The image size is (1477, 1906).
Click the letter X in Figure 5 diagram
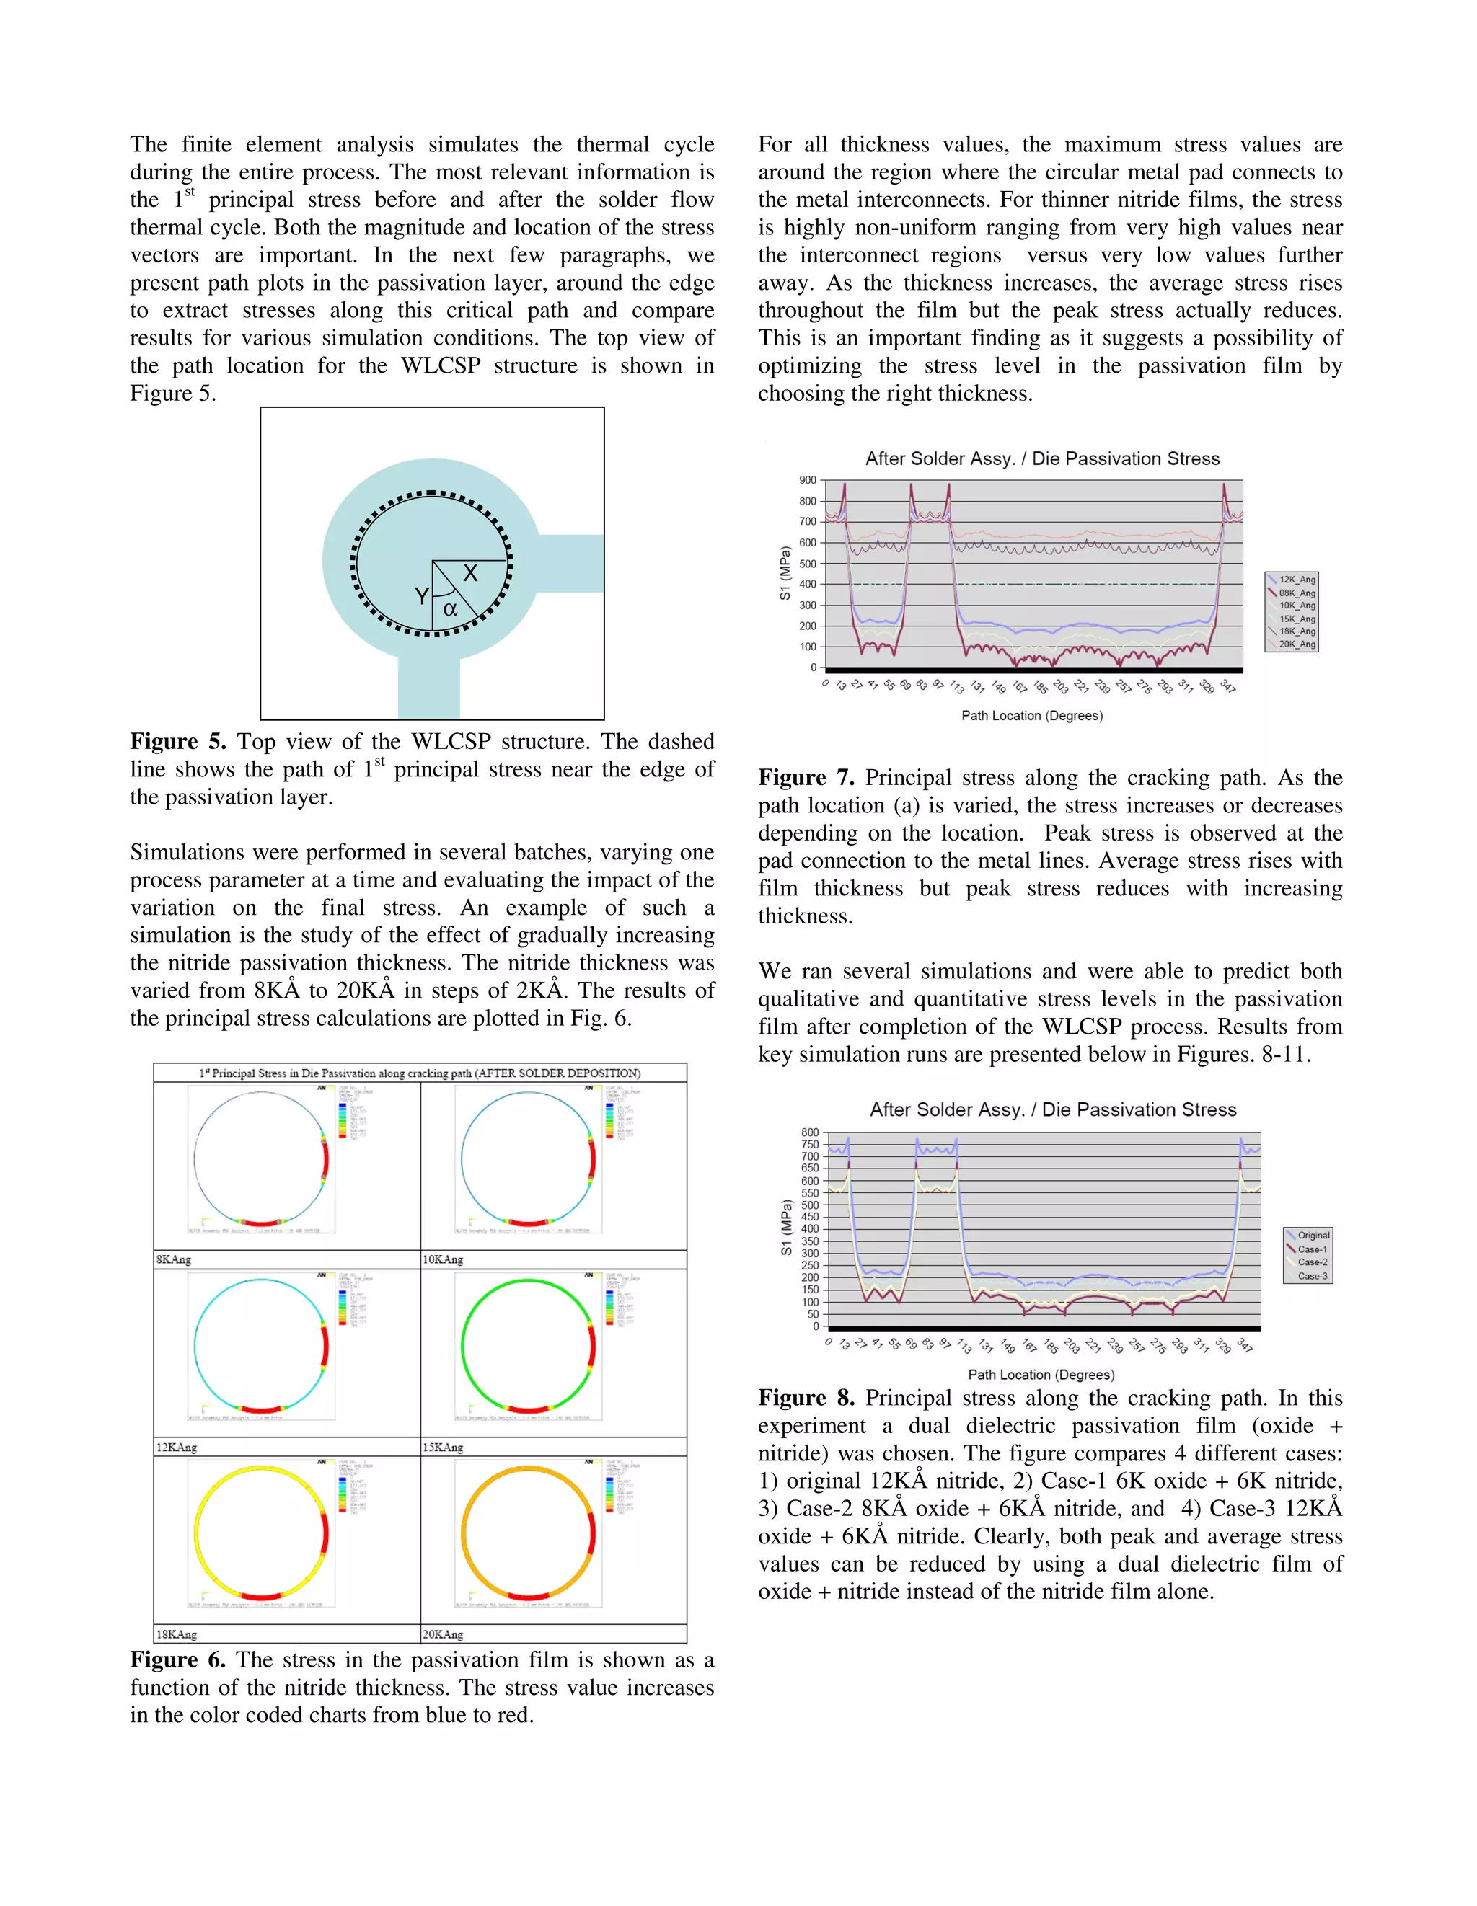coord(469,573)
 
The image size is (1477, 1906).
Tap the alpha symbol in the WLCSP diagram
coord(451,609)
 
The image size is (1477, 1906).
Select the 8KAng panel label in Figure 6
coord(174,1259)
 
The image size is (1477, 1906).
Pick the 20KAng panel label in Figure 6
coord(443,1634)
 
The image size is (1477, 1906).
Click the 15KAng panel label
coord(443,1447)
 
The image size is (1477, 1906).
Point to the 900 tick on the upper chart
coord(808,480)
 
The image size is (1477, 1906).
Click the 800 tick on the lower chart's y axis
coord(810,1132)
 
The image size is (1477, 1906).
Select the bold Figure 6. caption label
coord(177,1660)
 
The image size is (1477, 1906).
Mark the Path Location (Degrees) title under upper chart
coord(1032,716)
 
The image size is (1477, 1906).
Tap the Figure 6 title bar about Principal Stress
coord(420,1073)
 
